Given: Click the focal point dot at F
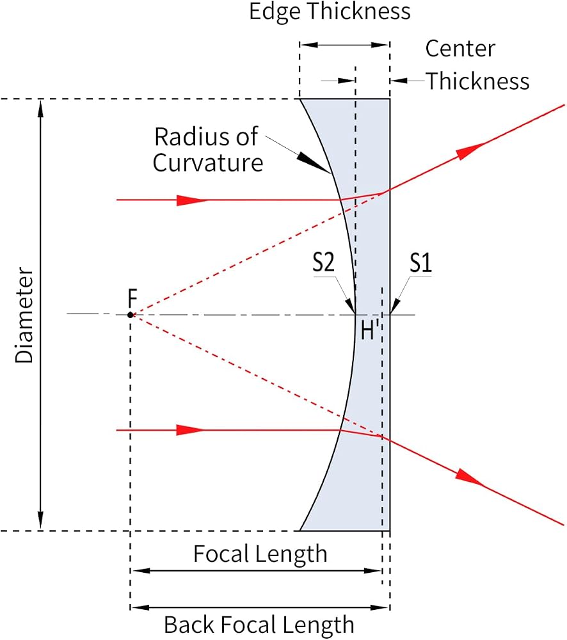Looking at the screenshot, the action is point(130,315).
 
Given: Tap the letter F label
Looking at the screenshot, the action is point(132,298).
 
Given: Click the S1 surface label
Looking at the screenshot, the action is point(420,262).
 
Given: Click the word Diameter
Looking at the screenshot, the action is point(24,315).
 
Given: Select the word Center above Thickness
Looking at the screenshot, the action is point(460,49).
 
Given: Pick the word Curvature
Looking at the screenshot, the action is point(208,163).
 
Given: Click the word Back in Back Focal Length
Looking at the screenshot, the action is point(190,625).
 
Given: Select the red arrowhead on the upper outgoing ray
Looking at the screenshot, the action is point(470,151).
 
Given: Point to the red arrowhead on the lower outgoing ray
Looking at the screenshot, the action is point(470,478).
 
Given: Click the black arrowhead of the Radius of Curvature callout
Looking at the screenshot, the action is point(313,163).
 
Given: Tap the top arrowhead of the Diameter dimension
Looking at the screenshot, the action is point(40,109).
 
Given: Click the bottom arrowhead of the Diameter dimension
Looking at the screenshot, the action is point(40,521).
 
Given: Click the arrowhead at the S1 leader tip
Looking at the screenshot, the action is point(395,307).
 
